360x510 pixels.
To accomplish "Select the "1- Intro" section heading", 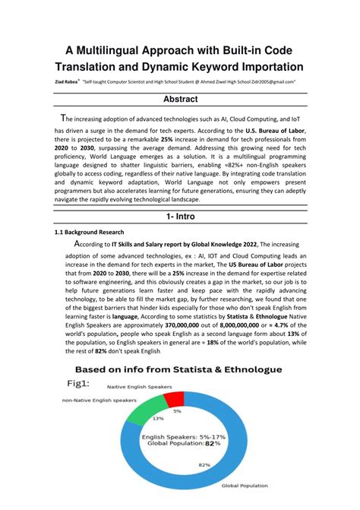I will point(180,216).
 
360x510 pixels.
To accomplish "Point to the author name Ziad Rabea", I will point(69,80).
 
